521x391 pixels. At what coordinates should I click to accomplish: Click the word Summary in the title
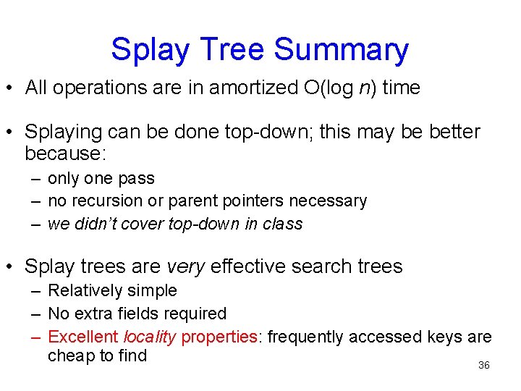[x=342, y=50]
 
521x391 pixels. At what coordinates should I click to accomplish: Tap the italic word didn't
[x=96, y=224]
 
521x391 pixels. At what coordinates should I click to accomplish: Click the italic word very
[x=186, y=266]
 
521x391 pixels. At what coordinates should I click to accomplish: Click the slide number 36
[x=484, y=366]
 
